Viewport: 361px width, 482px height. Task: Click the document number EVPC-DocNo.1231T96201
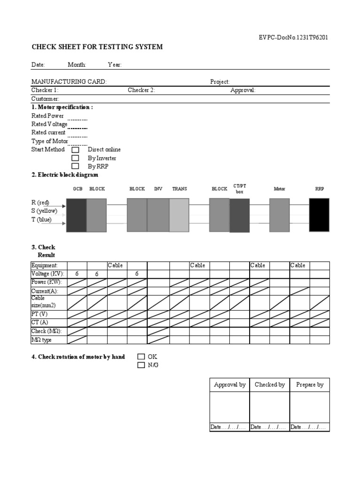[x=293, y=38]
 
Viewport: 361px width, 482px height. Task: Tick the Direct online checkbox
[x=75, y=150]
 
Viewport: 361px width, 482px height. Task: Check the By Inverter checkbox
[x=75, y=158]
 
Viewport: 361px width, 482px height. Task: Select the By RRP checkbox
[x=75, y=166]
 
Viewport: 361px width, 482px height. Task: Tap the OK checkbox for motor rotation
[x=141, y=357]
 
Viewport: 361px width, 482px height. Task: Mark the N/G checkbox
[x=141, y=365]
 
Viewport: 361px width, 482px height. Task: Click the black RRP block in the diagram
[x=319, y=215]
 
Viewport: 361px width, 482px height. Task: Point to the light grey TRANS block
[x=179, y=215]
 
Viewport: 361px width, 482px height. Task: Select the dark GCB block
[x=77, y=215]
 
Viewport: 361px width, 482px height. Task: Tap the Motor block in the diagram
[x=279, y=215]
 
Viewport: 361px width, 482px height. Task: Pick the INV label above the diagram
[x=158, y=189]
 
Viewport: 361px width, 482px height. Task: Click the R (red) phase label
[x=40, y=202]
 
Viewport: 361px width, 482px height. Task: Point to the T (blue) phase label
[x=41, y=220]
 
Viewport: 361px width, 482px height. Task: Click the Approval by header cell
[x=229, y=385]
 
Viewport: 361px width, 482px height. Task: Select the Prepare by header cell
[x=309, y=385]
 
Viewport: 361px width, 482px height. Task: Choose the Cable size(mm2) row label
[x=43, y=301]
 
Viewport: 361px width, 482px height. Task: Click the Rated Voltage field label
[x=49, y=124]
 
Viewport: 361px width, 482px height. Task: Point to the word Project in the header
[x=220, y=82]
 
